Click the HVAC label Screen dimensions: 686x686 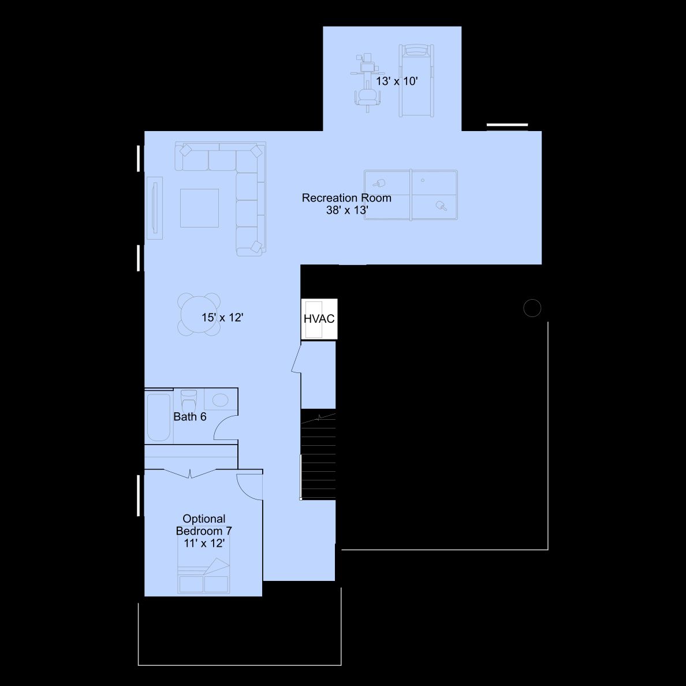319,319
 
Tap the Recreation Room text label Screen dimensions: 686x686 346,197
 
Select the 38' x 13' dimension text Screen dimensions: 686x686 347,210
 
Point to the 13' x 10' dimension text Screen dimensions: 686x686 397,81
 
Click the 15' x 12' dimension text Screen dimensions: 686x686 222,317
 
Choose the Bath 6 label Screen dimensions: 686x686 190,416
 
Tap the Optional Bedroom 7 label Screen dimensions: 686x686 204,524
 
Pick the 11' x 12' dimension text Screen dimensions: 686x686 204,543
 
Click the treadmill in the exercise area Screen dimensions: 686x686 416,80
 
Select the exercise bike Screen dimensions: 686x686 367,80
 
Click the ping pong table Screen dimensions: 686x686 411,195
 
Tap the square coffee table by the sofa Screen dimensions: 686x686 199,208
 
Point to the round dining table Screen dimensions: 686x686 199,315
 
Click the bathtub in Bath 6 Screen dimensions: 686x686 158,417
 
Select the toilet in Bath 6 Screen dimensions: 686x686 189,400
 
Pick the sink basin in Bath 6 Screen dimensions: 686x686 220,400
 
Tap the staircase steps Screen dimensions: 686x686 318,455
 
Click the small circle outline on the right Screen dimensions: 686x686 532,308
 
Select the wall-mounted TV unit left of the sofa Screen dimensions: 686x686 154,208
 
